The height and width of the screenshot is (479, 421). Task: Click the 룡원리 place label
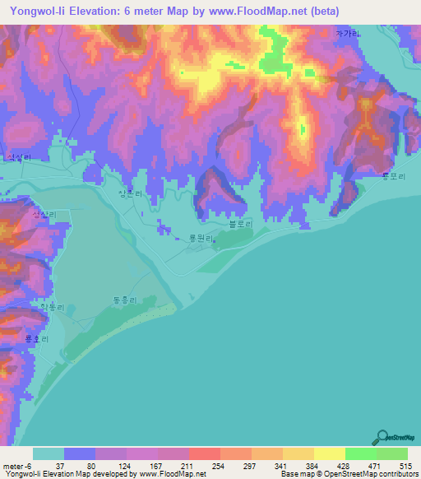[x=202, y=239]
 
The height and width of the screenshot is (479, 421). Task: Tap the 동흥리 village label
[x=123, y=302]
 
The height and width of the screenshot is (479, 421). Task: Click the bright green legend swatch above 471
[x=361, y=453]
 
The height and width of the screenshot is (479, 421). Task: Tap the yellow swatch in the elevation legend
[x=330, y=453]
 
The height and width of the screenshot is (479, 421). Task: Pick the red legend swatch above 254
[x=204, y=453]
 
